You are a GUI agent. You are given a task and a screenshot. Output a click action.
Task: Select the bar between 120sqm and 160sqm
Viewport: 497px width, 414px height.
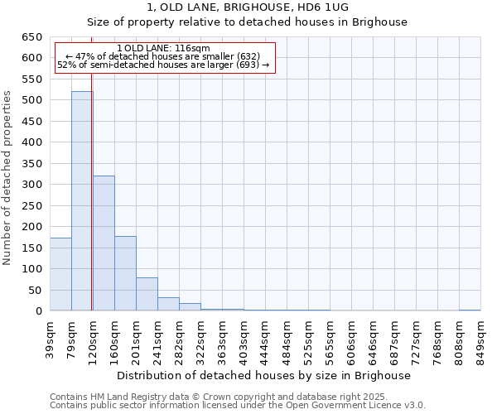click(104, 243)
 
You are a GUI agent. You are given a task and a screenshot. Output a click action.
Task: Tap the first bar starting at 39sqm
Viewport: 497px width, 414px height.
click(60, 274)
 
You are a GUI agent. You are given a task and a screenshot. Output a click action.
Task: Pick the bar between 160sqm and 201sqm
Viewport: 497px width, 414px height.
click(125, 273)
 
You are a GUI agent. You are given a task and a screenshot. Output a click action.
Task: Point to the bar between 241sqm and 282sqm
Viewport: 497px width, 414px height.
click(168, 304)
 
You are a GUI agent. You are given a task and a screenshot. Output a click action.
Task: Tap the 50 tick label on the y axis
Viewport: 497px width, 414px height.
click(36, 291)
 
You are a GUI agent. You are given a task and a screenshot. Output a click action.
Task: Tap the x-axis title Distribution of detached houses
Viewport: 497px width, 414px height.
click(263, 375)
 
